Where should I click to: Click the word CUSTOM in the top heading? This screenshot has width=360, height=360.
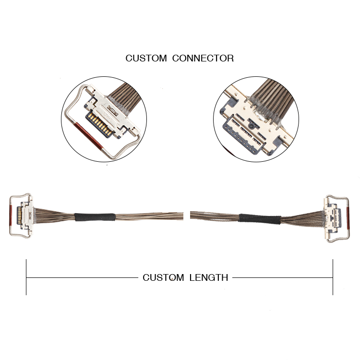pyautogui.click(x=146, y=58)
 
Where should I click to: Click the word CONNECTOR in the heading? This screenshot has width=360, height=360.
pyautogui.click(x=203, y=58)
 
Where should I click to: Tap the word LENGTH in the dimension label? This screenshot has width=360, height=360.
pyautogui.click(x=209, y=277)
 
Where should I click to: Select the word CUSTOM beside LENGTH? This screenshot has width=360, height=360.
pyautogui.click(x=163, y=277)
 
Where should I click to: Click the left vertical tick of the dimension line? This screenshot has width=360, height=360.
pyautogui.click(x=26, y=277)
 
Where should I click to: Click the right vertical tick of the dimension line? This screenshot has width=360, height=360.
pyautogui.click(x=333, y=277)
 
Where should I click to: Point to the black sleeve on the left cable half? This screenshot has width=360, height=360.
pyautogui.click(x=95, y=217)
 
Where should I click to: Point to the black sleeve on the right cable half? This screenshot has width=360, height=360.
pyautogui.click(x=260, y=219)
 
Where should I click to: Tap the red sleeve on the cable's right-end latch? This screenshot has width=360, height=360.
pyautogui.click(x=348, y=218)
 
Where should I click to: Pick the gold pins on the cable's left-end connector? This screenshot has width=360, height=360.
pyautogui.click(x=19, y=216)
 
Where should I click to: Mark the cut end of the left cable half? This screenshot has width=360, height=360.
pyautogui.click(x=183, y=216)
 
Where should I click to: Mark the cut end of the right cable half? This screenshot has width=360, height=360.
pyautogui.click(x=191, y=215)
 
